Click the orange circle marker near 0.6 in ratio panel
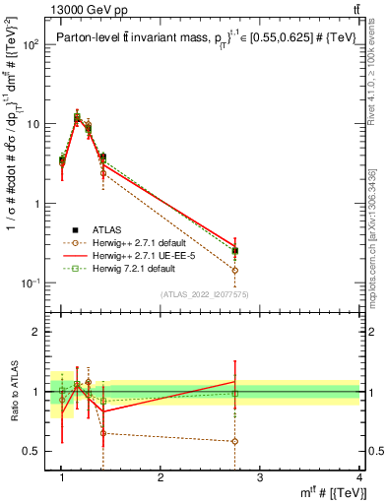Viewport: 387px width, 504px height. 234,441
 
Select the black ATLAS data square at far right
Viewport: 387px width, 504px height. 234,251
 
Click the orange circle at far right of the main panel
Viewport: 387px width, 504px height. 234,270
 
